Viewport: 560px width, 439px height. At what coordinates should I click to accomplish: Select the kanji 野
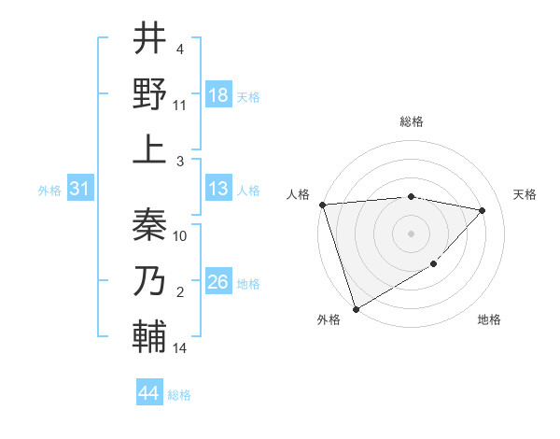(149, 93)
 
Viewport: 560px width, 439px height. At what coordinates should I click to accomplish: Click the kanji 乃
(149, 280)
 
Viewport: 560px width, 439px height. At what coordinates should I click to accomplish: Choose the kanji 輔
(149, 337)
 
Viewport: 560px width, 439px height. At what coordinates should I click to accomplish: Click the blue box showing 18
(218, 95)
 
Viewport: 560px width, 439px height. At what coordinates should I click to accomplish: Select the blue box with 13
(218, 189)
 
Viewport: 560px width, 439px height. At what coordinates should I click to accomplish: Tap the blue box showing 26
(218, 282)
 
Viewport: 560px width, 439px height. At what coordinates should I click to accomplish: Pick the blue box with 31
(80, 189)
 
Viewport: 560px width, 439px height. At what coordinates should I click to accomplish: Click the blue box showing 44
(149, 393)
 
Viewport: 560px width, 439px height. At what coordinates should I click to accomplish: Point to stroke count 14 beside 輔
(180, 348)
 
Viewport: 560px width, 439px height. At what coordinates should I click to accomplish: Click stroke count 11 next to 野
(180, 105)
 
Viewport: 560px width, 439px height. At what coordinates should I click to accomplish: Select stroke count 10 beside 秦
(180, 235)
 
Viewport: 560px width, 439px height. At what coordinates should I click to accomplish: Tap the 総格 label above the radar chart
(411, 121)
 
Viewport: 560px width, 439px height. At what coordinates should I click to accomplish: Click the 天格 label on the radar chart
(525, 194)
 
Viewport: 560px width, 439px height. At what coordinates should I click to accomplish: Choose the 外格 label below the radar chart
(328, 320)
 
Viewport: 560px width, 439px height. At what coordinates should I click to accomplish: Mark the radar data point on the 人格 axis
(322, 205)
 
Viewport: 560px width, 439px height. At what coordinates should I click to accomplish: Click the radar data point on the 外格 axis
(357, 308)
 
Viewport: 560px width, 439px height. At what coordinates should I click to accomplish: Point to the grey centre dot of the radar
(411, 234)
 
